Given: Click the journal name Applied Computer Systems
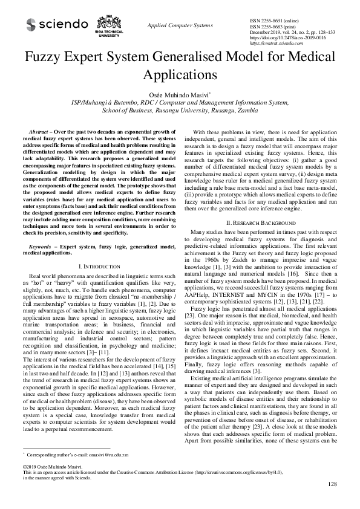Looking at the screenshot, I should (x=180, y=25).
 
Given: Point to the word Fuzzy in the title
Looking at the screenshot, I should (x=49, y=59).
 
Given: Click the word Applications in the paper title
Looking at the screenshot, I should (x=180, y=76).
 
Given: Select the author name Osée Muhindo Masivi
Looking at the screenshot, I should (x=179, y=94).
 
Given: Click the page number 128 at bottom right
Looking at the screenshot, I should (x=332, y=501).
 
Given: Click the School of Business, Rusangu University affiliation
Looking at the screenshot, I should (x=180, y=111).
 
